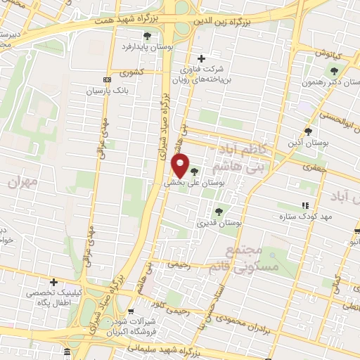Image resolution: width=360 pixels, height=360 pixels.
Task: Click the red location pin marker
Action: pos(181,166)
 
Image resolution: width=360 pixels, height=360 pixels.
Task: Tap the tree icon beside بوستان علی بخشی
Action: pos(194,170)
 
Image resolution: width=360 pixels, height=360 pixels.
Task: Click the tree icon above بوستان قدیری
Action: pos(218,210)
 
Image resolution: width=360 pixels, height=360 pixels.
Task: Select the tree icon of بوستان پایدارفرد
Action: pos(147,37)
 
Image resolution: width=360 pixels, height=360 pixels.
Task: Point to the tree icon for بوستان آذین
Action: pos(308,131)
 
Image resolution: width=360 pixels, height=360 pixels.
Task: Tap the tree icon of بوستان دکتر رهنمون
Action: pos(334,70)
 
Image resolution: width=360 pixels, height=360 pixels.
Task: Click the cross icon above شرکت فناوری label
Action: pos(202,58)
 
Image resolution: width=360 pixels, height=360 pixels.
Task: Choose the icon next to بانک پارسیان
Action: pos(106,80)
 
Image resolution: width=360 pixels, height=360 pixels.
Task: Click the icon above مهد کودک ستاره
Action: pos(304,205)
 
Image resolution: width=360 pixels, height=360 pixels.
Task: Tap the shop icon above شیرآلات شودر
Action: pos(131,311)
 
